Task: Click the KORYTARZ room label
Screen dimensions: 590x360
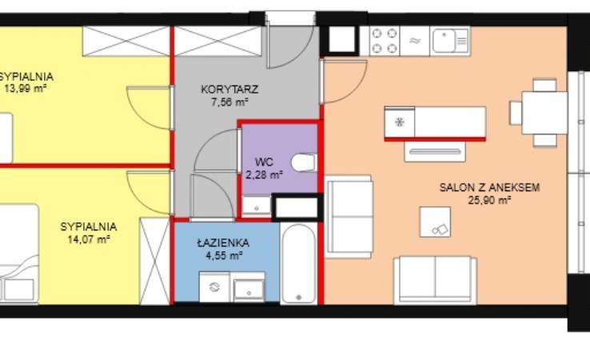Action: click(x=229, y=90)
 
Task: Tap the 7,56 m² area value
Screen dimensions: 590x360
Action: click(x=229, y=102)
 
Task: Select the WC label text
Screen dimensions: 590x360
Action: click(x=264, y=162)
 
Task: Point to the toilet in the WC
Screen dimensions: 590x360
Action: click(x=304, y=162)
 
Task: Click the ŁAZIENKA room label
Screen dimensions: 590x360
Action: click(x=224, y=243)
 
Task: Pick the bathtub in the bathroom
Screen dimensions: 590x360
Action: click(x=299, y=263)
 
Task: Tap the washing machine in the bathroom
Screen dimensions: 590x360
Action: click(x=214, y=286)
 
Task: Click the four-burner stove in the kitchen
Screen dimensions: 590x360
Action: click(x=385, y=41)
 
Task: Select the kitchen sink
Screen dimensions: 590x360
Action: click(x=449, y=41)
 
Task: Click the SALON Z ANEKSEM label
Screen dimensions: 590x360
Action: click(x=489, y=187)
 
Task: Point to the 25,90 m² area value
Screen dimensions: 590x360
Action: click(x=489, y=200)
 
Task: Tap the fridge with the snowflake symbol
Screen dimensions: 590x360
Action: click(x=399, y=122)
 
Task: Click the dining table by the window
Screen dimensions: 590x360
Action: click(x=544, y=113)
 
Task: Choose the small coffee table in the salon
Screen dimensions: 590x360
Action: click(x=435, y=222)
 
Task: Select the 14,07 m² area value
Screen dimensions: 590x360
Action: click(x=89, y=239)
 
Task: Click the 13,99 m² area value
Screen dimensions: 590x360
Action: click(x=26, y=89)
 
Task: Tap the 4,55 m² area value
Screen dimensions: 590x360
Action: click(x=224, y=256)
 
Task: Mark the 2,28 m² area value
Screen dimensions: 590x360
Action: click(x=264, y=175)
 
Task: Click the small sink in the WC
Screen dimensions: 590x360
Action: click(x=257, y=206)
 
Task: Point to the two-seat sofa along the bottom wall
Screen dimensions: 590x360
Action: click(x=435, y=280)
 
